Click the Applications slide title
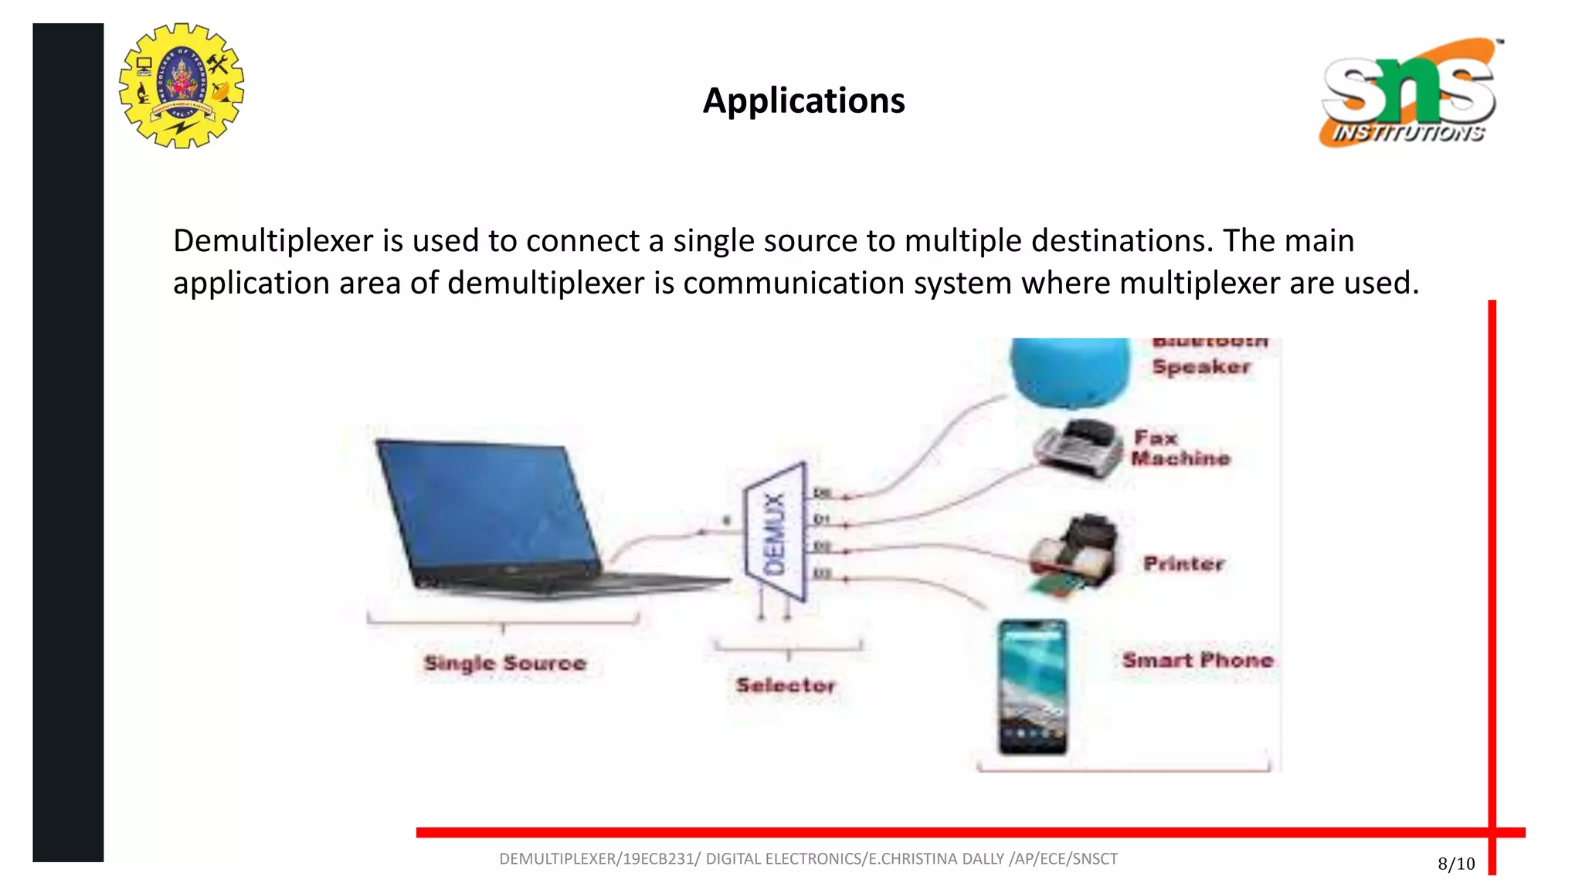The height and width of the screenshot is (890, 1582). pyautogui.click(x=803, y=100)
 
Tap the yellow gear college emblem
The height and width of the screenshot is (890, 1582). pyautogui.click(x=182, y=86)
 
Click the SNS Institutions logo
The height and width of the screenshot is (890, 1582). pyautogui.click(x=1410, y=93)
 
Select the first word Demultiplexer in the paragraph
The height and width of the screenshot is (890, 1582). pyautogui.click(x=273, y=241)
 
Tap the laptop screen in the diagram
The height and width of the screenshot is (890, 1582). pyautogui.click(x=487, y=510)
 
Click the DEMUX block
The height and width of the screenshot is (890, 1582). pyautogui.click(x=776, y=533)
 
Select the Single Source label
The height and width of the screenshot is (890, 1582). pyautogui.click(x=505, y=663)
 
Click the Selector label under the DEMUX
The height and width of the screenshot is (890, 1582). pyautogui.click(x=786, y=685)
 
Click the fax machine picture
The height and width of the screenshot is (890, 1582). pyautogui.click(x=1078, y=450)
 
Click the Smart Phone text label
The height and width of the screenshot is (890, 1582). pyautogui.click(x=1197, y=661)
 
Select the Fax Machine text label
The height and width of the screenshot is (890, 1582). pyautogui.click(x=1180, y=448)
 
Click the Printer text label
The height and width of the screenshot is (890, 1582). pyautogui.click(x=1183, y=563)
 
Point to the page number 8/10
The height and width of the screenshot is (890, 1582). pyautogui.click(x=1456, y=864)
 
